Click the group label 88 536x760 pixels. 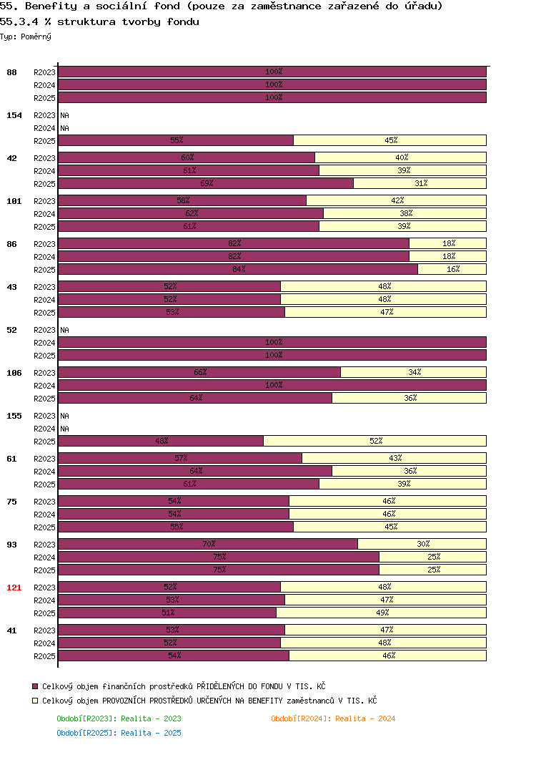[11, 72]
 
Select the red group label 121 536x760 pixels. [14, 588]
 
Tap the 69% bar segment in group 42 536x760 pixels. [206, 183]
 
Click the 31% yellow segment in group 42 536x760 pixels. [420, 183]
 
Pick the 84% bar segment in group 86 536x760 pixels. [238, 269]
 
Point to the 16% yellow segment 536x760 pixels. [452, 269]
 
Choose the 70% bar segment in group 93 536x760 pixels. [208, 544]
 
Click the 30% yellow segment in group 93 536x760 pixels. [422, 544]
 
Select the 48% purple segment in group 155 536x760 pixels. [161, 441]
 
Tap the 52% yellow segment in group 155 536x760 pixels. [374, 441]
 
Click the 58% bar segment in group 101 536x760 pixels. [182, 200]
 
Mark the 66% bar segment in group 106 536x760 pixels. [199, 371]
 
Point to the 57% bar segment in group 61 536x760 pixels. [180, 457]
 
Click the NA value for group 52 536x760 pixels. [64, 330]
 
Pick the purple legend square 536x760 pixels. [35, 686]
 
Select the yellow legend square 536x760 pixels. [35, 701]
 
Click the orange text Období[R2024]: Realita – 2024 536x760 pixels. [333, 718]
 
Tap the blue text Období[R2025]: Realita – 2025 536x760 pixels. [119, 733]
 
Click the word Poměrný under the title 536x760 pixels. [36, 36]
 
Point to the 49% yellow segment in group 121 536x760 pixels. [381, 613]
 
